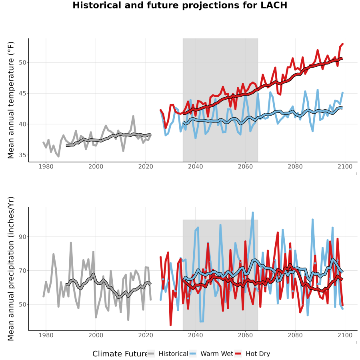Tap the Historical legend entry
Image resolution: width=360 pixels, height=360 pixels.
pyautogui.click(x=168, y=354)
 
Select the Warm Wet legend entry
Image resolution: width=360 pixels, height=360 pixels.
pyautogui.click(x=211, y=354)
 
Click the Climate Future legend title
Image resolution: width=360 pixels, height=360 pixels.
pyautogui.click(x=120, y=354)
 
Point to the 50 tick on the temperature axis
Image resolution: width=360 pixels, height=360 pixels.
pyautogui.click(x=22, y=62)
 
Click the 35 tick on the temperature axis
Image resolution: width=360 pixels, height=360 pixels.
pyautogui.click(x=22, y=155)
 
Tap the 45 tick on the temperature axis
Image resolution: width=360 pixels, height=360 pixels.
pyautogui.click(x=22, y=94)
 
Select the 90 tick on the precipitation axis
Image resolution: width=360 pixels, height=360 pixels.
pyautogui.click(x=22, y=237)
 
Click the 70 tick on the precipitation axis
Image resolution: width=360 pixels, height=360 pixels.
pyautogui.click(x=22, y=271)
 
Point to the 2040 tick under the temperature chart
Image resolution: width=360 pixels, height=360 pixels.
pyautogui.click(x=195, y=166)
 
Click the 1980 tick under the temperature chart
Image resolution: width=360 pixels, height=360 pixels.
pyautogui.click(x=46, y=166)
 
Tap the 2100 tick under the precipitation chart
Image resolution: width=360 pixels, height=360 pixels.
pyautogui.click(x=345, y=335)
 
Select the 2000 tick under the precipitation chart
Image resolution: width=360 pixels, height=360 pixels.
pyautogui.click(x=96, y=335)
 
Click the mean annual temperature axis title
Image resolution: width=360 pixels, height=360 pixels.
pyautogui.click(x=11, y=100)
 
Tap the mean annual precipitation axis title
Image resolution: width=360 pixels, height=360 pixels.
pyautogui.click(x=11, y=269)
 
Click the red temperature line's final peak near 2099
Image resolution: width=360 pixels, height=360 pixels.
pyautogui.click(x=342, y=44)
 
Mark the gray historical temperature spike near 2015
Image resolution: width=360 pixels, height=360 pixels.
pyautogui.click(x=133, y=116)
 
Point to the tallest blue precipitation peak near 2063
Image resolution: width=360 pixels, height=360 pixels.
pyautogui.click(x=253, y=213)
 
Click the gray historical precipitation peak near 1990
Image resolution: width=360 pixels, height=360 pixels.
pyautogui.click(x=71, y=243)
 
